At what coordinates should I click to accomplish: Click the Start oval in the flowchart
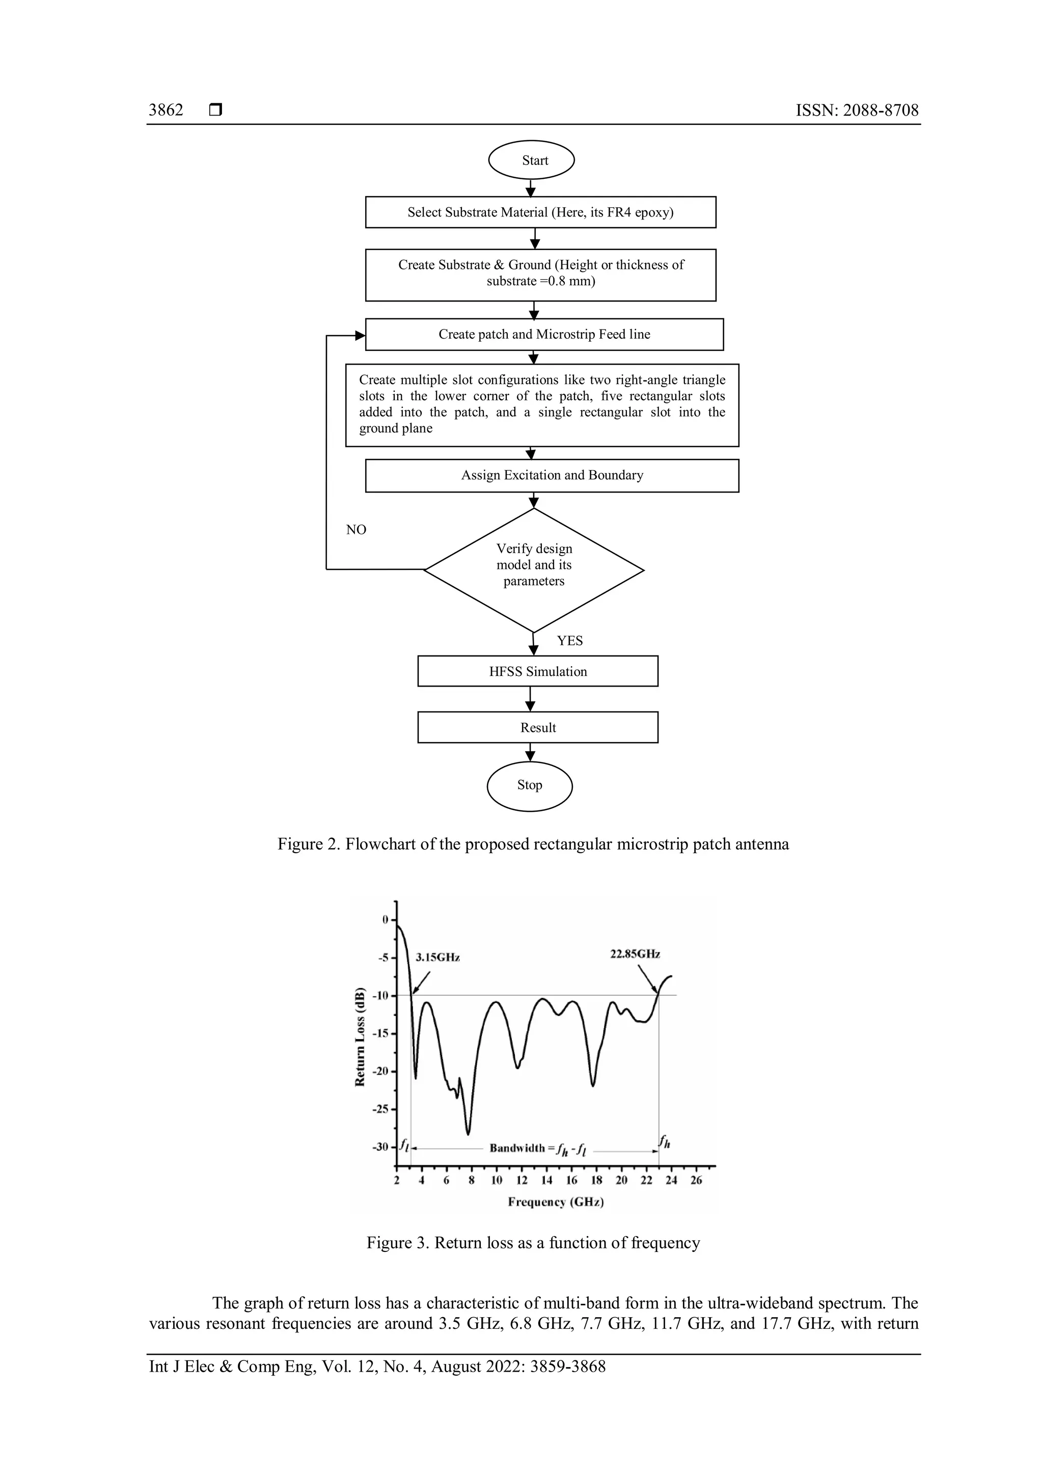(x=531, y=160)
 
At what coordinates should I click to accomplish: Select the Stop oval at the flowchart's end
(x=529, y=785)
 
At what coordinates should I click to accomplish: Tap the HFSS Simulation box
(x=538, y=671)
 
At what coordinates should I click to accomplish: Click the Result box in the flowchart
(x=538, y=727)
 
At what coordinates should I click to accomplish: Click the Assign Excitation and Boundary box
(x=552, y=475)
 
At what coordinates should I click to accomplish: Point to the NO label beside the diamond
(x=356, y=529)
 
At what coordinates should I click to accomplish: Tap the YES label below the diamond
(x=570, y=641)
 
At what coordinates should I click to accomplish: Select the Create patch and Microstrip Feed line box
(x=544, y=334)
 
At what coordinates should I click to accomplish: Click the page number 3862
(x=166, y=110)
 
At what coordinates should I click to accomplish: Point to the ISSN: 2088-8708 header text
(x=857, y=110)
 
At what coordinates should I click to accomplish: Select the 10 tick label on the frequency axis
(x=497, y=1180)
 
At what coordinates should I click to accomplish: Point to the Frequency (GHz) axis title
(x=556, y=1202)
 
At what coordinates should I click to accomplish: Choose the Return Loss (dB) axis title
(x=360, y=1037)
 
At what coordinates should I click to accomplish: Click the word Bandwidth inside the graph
(x=517, y=1148)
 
